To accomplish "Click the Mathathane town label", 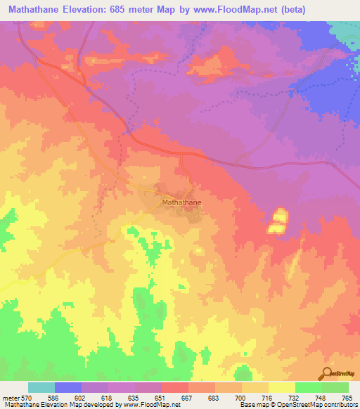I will click(x=181, y=202).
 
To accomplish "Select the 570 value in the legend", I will click(x=26, y=398).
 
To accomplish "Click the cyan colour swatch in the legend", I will click(x=41, y=387).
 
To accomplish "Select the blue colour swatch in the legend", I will click(x=68, y=387).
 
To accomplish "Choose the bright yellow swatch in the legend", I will click(x=282, y=387).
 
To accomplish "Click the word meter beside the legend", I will click(x=10, y=398).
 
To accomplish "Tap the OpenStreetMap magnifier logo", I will click(x=326, y=374).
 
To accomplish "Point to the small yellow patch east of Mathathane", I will click(x=277, y=221).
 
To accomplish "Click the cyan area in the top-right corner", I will click(x=346, y=30).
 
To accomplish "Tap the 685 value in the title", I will click(x=134, y=9).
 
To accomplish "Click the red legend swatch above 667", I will click(x=175, y=387).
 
